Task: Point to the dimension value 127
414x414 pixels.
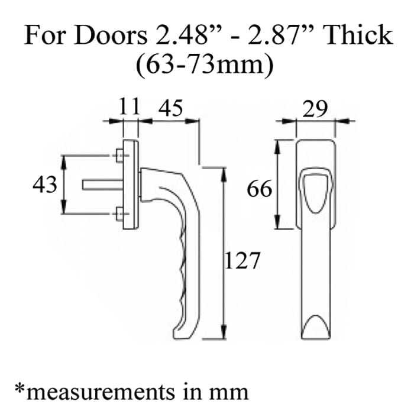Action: [242, 259]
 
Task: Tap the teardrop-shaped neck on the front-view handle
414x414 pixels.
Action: [315, 189]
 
